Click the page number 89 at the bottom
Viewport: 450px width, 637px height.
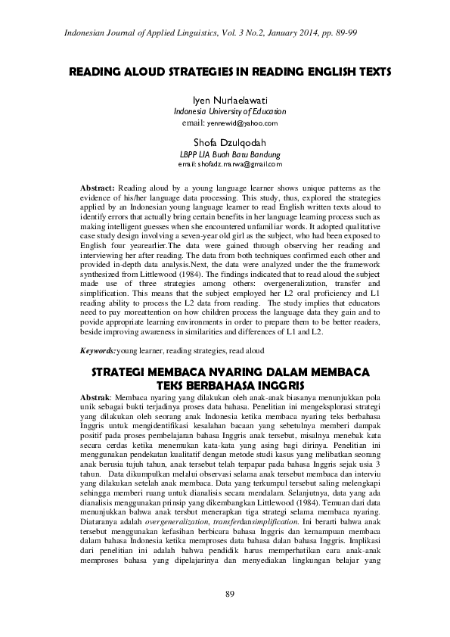point(230,593)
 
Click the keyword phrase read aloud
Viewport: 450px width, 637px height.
point(247,351)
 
